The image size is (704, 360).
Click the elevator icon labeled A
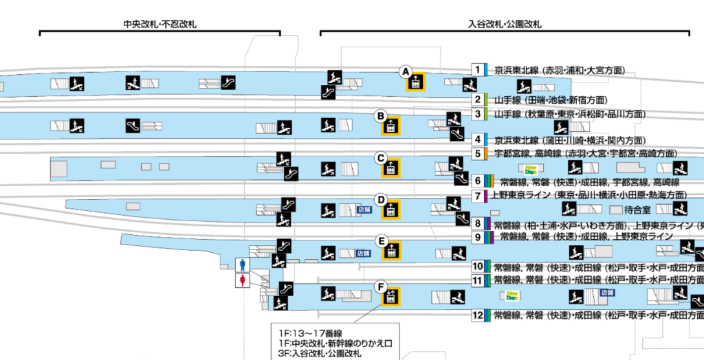coord(415,82)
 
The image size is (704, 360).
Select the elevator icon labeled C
coord(391,168)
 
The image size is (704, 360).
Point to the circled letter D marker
coord(379,199)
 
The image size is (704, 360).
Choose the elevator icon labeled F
coord(390,296)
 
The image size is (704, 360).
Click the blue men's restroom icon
coord(241,265)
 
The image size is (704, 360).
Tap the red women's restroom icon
coord(241,280)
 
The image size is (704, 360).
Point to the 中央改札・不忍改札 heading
coord(159,24)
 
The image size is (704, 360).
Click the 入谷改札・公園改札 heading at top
coord(505,24)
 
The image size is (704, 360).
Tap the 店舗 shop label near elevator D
coord(365,209)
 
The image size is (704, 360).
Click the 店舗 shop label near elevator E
coord(365,253)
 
